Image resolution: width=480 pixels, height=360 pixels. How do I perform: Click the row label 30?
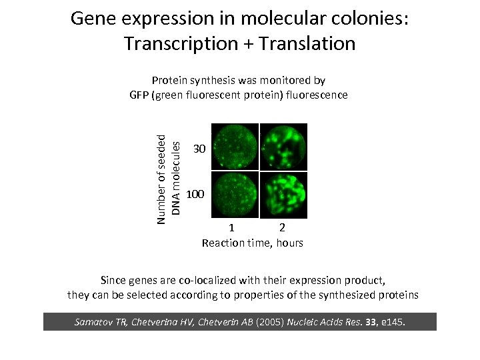(198, 148)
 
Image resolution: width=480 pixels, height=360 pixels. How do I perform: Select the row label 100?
(196, 195)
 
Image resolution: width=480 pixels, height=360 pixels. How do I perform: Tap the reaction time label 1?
(231, 229)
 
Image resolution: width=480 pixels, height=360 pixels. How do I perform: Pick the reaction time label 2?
(283, 229)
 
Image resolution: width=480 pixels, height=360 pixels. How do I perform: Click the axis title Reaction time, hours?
(252, 243)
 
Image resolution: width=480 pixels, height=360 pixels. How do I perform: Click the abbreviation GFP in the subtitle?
(139, 95)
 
